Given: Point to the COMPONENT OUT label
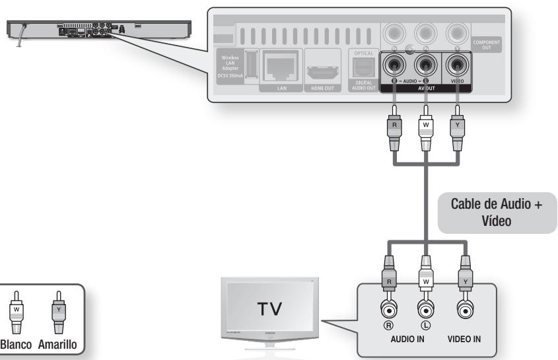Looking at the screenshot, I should (487, 45).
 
